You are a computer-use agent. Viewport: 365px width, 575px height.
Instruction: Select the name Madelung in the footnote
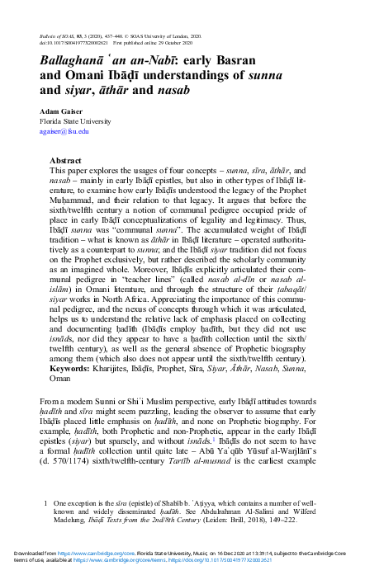[73, 519]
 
